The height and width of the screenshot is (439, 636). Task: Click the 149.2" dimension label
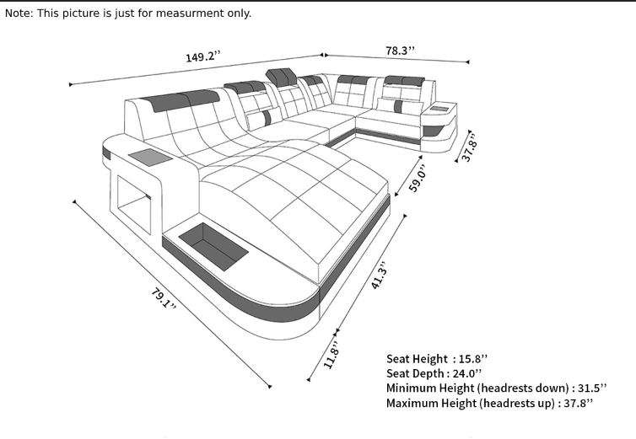(x=203, y=56)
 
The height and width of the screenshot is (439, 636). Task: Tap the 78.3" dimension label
(x=401, y=51)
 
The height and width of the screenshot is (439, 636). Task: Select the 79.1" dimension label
(x=163, y=299)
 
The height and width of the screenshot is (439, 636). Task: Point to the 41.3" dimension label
(x=380, y=276)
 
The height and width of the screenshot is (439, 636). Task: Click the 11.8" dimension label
(x=331, y=356)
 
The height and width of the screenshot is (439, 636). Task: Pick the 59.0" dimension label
(x=418, y=179)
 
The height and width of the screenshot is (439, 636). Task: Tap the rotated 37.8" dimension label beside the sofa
(x=469, y=147)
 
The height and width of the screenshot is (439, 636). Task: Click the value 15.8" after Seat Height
(x=473, y=359)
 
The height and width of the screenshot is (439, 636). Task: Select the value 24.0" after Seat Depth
(x=467, y=373)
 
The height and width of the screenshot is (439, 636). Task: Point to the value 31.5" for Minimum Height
(x=592, y=388)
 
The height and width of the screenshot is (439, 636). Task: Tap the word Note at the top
(x=18, y=13)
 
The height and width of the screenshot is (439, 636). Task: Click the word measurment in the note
(x=190, y=13)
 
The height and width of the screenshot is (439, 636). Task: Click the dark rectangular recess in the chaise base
(x=213, y=247)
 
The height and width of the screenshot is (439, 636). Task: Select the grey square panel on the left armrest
(x=150, y=158)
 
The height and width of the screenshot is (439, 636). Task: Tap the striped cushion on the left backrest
(x=264, y=117)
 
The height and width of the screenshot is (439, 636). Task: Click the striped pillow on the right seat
(x=401, y=106)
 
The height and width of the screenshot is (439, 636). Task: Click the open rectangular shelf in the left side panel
(x=134, y=205)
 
